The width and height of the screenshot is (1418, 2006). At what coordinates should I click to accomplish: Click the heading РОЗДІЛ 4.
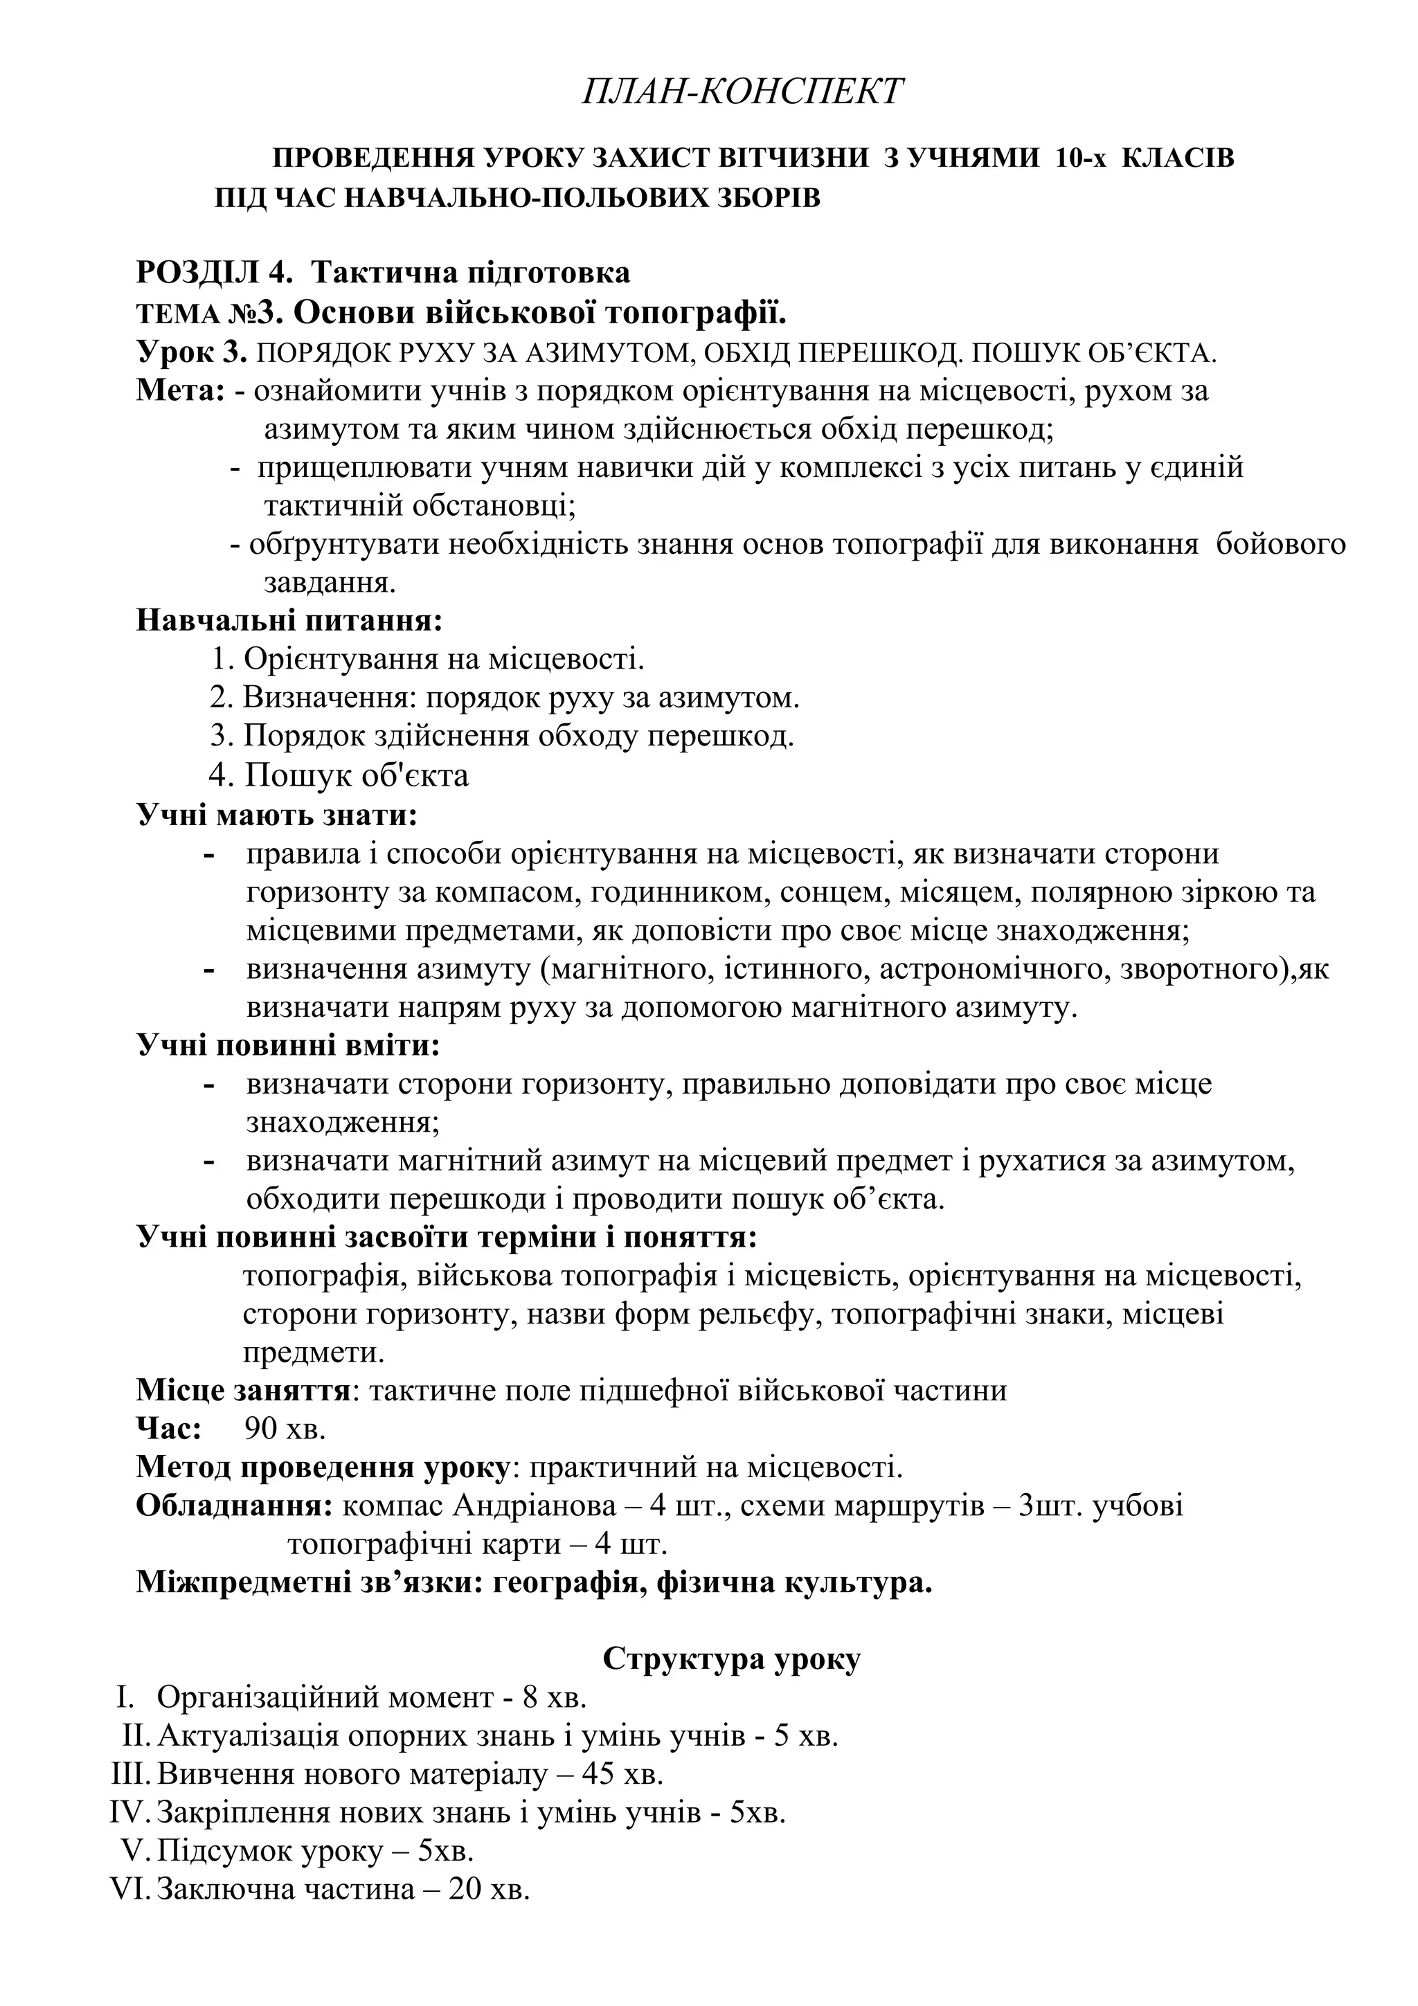pyautogui.click(x=213, y=273)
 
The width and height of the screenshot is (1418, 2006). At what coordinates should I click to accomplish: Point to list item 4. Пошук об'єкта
pyautogui.click(x=339, y=775)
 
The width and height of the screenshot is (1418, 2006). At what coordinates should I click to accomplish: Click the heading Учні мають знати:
pyautogui.click(x=277, y=815)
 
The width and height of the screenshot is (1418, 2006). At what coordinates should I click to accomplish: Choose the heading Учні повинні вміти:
pyautogui.click(x=288, y=1046)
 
